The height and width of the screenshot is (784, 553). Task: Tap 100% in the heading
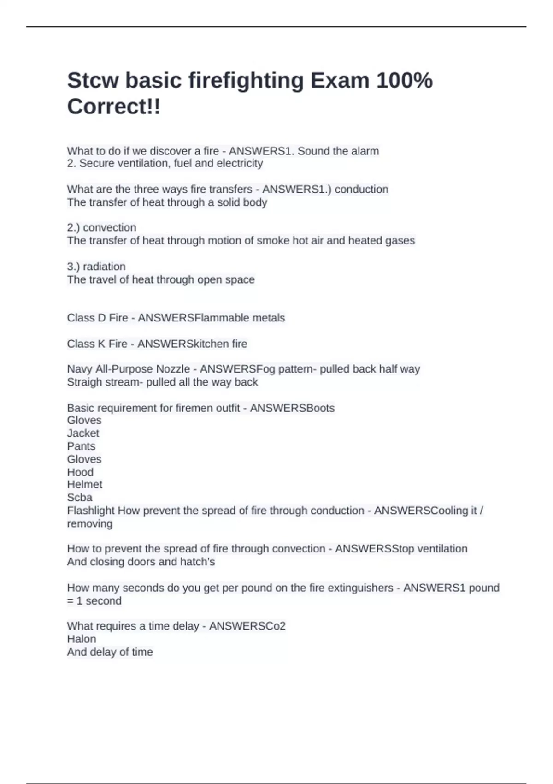[404, 81]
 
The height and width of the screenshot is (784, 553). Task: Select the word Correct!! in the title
[114, 107]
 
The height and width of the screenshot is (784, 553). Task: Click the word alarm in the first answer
[365, 151]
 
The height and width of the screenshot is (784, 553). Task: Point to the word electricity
[240, 163]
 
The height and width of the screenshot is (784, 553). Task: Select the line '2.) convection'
[101, 228]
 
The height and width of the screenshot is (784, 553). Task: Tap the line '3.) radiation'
[96, 267]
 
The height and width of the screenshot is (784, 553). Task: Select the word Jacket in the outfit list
[83, 434]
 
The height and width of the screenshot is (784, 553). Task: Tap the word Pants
[81, 446]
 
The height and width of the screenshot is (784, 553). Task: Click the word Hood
[80, 472]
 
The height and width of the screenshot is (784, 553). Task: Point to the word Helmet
[84, 485]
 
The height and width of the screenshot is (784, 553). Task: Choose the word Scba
[79, 498]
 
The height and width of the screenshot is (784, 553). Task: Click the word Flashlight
[90, 511]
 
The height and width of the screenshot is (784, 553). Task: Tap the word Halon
[82, 639]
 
